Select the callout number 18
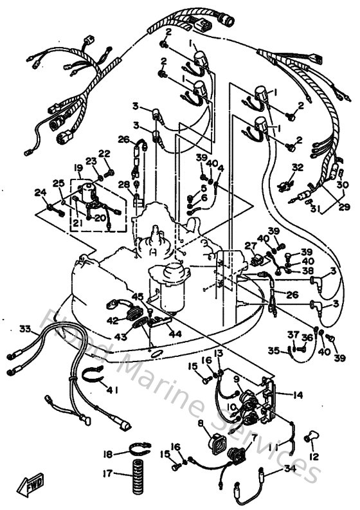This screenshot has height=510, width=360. pos(107,454)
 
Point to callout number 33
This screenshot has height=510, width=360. pos(25,329)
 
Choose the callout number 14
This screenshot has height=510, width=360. pos(298,395)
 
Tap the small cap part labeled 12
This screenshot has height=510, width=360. pos(310,437)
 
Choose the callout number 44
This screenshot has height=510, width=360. pos(174,334)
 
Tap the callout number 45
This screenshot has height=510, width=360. pos(137,296)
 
